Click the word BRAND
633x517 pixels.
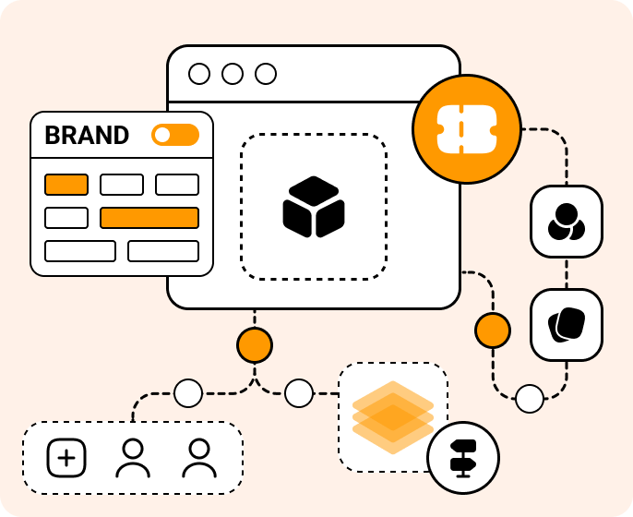coord(87,136)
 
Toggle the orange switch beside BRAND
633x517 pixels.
coord(175,135)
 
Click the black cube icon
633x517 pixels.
coord(313,206)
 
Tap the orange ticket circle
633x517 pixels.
coord(466,128)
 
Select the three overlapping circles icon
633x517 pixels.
coord(566,222)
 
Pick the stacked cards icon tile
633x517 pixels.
coord(566,324)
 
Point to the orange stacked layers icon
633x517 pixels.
coord(392,416)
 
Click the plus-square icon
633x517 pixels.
coord(66,458)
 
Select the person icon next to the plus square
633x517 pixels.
coord(133,458)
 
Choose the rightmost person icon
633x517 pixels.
coord(199,458)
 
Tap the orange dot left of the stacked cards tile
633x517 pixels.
coord(493,330)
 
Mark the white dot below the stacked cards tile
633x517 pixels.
coord(530,399)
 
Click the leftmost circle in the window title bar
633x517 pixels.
coord(199,74)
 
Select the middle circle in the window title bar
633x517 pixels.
coord(233,74)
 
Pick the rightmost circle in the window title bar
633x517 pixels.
coord(266,74)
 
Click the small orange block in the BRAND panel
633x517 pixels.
coord(66,185)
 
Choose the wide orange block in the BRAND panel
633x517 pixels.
coord(149,218)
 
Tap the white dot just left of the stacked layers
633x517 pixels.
coord(299,393)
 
